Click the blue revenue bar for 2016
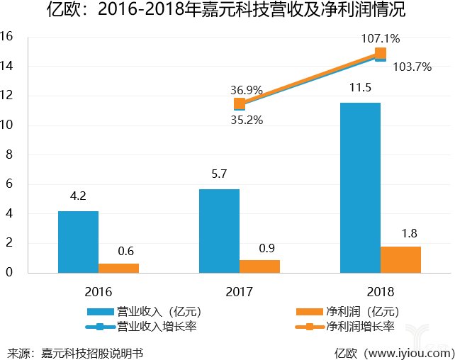[x=78, y=242]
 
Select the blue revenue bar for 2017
[x=219, y=230]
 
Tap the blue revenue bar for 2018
[x=360, y=187]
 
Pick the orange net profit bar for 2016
[x=118, y=268]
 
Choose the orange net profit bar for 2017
[x=259, y=266]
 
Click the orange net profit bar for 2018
[x=400, y=259]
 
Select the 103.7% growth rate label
[x=413, y=67]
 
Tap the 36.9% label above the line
[x=246, y=90]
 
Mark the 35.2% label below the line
[x=246, y=120]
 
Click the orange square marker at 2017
[x=240, y=104]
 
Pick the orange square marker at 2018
[x=381, y=53]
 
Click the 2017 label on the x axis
[x=240, y=291]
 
